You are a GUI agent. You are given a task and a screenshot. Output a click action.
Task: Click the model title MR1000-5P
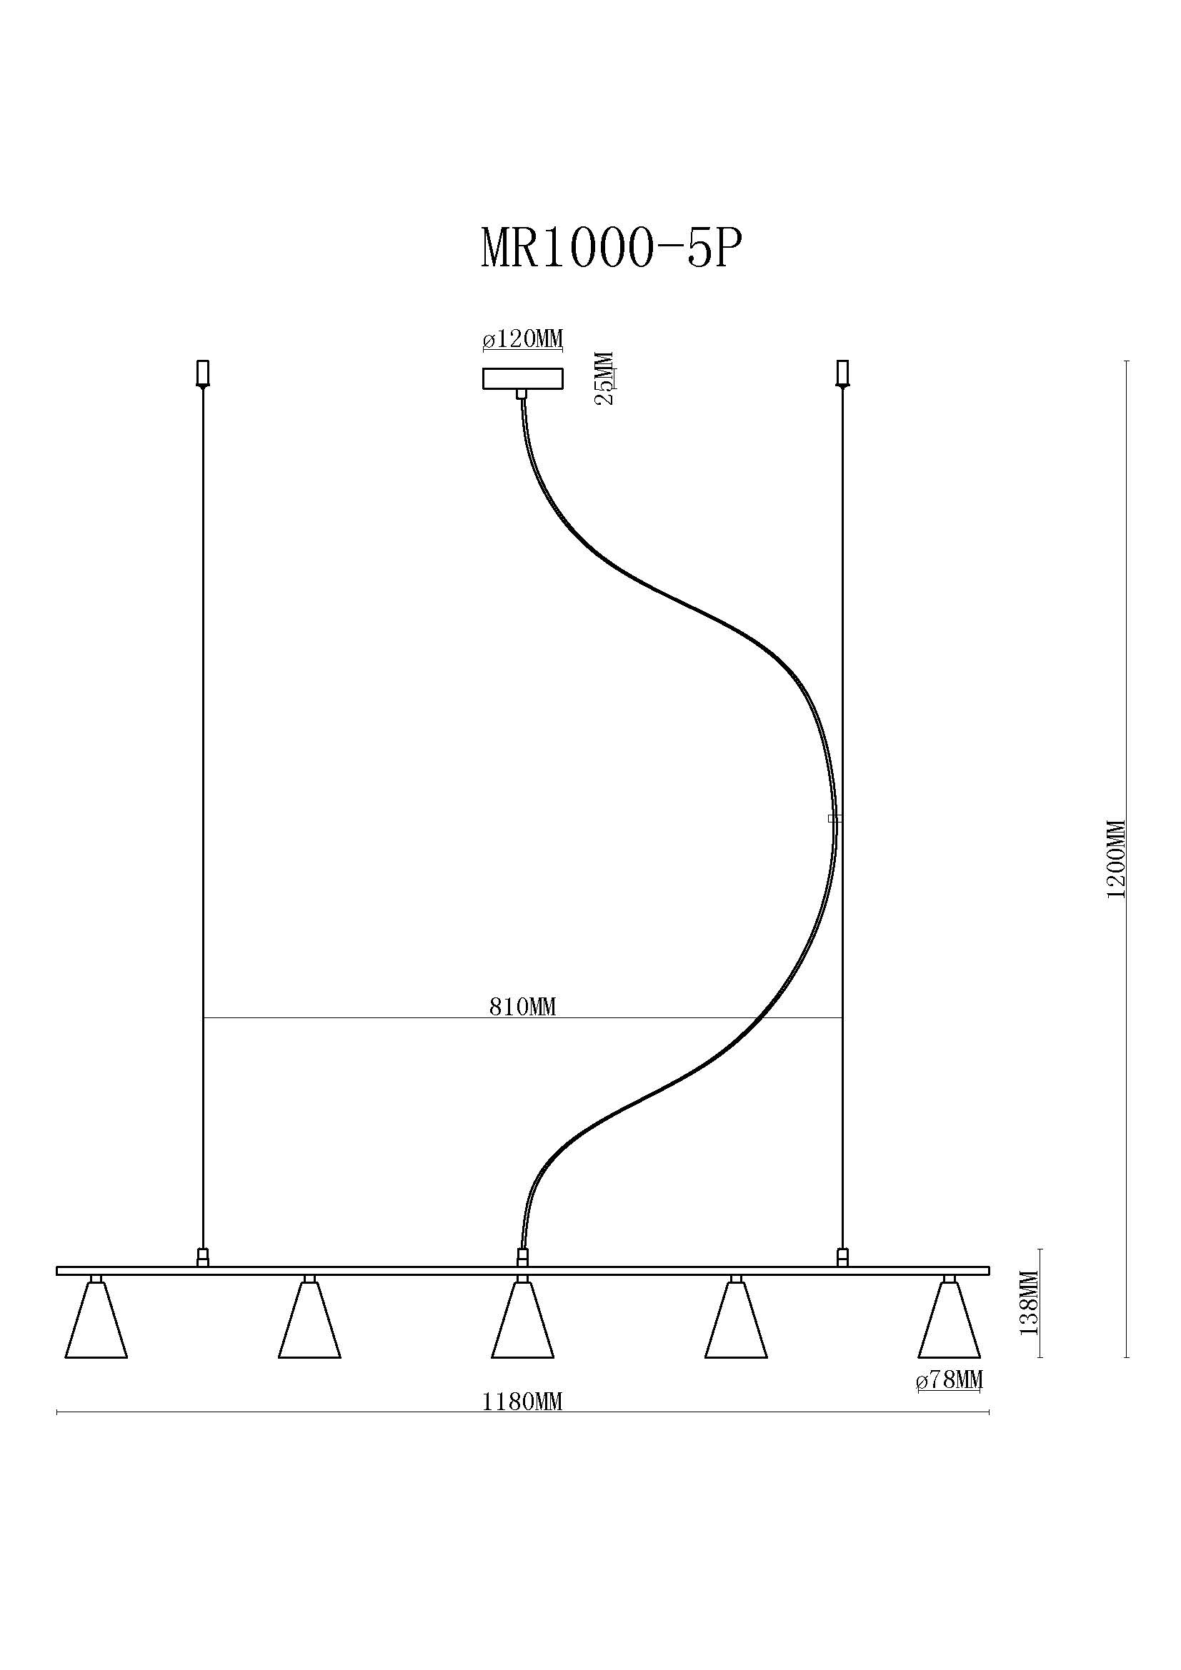click(612, 250)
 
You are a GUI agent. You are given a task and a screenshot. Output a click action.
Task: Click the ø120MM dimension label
click(522, 339)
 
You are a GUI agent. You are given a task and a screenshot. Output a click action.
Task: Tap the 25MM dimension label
click(605, 378)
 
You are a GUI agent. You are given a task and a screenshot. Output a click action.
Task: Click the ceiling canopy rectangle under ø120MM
click(522, 379)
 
